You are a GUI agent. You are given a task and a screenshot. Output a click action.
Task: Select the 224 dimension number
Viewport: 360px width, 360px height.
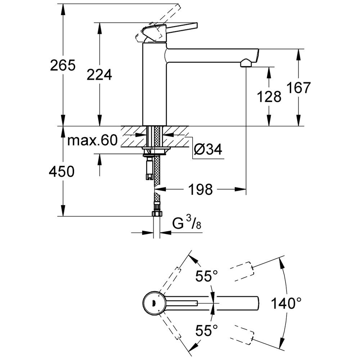(99, 75)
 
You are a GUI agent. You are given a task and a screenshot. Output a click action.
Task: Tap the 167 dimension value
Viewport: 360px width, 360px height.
(298, 88)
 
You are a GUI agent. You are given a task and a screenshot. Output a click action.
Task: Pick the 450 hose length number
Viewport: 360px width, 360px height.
(62, 172)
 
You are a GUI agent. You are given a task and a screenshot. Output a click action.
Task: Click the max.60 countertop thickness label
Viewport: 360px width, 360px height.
(93, 140)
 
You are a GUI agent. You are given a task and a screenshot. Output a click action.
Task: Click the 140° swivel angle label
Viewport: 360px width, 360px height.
(287, 303)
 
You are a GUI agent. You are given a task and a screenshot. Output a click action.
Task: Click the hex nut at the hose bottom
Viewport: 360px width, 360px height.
(157, 214)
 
